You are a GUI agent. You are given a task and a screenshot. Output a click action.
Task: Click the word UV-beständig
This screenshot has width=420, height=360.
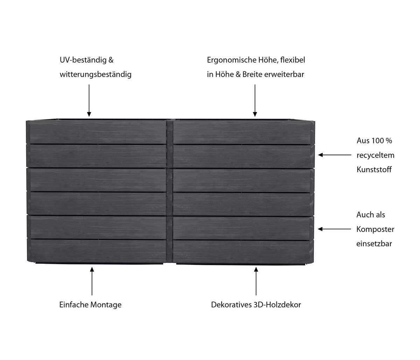pyautogui.click(x=82, y=60)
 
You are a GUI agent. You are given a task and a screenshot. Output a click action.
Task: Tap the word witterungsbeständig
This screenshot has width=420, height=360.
pyautogui.click(x=96, y=75)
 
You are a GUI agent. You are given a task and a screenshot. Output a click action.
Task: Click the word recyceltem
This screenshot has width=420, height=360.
pyautogui.click(x=375, y=155)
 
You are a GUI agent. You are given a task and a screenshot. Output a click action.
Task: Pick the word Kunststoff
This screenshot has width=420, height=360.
pyautogui.click(x=374, y=170)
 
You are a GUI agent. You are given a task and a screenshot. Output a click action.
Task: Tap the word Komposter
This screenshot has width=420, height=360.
pyautogui.click(x=375, y=230)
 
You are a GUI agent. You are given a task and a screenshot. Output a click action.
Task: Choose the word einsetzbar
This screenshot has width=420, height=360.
pyautogui.click(x=374, y=244)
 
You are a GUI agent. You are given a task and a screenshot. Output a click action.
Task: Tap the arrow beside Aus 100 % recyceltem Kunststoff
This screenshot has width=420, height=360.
pyautogui.click(x=334, y=155)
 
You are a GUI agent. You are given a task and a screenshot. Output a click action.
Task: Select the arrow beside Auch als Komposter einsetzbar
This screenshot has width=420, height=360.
pyautogui.click(x=334, y=229)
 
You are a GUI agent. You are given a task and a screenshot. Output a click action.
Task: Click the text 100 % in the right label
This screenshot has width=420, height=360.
pyautogui.click(x=380, y=141)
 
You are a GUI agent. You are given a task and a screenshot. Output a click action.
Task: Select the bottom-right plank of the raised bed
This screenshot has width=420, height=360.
pyautogui.click(x=241, y=250)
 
